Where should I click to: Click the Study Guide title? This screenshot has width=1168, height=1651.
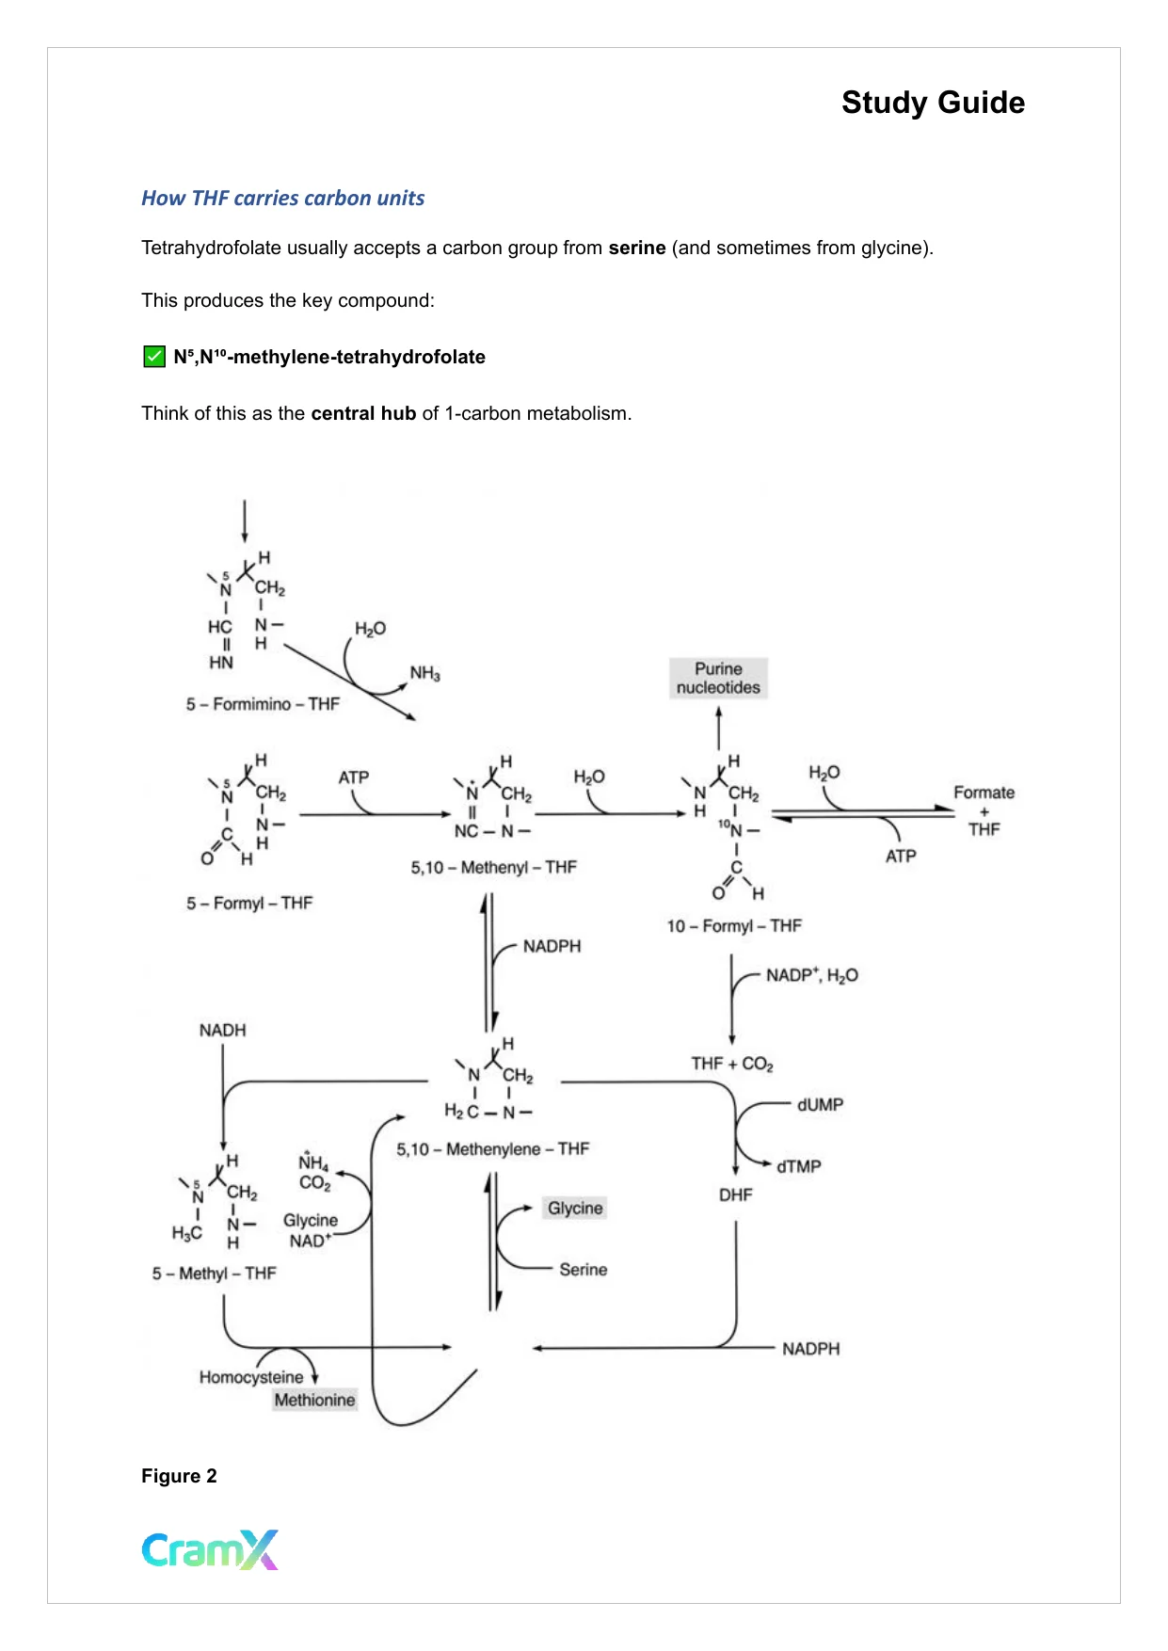click(x=932, y=103)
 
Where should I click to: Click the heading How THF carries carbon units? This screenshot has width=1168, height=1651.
click(x=282, y=199)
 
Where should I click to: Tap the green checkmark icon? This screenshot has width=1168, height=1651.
click(x=153, y=357)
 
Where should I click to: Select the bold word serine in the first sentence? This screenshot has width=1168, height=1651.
click(x=636, y=248)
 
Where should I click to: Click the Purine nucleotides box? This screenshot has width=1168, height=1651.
click(x=718, y=679)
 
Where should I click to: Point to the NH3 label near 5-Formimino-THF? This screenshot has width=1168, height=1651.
click(x=424, y=673)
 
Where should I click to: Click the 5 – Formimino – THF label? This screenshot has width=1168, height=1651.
click(x=263, y=704)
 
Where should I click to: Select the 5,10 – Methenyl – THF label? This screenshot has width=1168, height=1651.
click(x=493, y=867)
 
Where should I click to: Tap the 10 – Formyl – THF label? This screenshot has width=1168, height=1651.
click(x=734, y=926)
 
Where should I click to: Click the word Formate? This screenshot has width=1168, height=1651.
click(x=984, y=793)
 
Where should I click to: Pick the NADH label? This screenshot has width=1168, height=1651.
click(x=222, y=1031)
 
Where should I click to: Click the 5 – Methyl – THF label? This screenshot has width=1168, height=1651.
click(x=214, y=1274)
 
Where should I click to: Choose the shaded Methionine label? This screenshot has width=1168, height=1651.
click(x=314, y=1400)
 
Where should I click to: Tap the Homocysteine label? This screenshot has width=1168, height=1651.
click(x=250, y=1377)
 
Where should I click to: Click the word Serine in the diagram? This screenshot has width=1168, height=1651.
click(x=583, y=1270)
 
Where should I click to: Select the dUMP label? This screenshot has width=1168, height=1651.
click(x=820, y=1105)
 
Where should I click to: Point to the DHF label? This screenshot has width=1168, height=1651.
click(x=735, y=1194)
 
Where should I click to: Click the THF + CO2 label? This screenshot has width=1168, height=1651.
click(x=731, y=1064)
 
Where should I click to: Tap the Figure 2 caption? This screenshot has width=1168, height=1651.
click(x=179, y=1476)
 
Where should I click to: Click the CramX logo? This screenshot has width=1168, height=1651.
click(x=210, y=1549)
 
